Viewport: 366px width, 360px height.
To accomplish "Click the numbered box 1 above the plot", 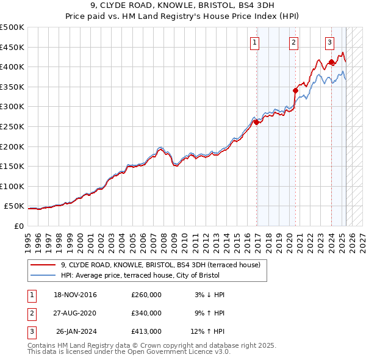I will tap(254, 43).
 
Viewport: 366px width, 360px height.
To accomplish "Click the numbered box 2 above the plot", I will tap(293, 43).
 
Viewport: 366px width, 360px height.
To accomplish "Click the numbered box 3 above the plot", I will tap(329, 43).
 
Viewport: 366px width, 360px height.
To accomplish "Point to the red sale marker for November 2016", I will tap(256, 122).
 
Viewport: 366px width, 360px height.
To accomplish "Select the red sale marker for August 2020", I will tap(295, 90).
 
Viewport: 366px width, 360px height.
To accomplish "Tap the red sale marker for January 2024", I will tap(331, 62).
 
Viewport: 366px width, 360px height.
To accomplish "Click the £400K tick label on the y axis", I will tap(12, 67).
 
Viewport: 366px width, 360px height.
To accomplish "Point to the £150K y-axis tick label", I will tap(12, 166).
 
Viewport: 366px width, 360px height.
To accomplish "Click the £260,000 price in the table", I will tap(146, 295).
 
